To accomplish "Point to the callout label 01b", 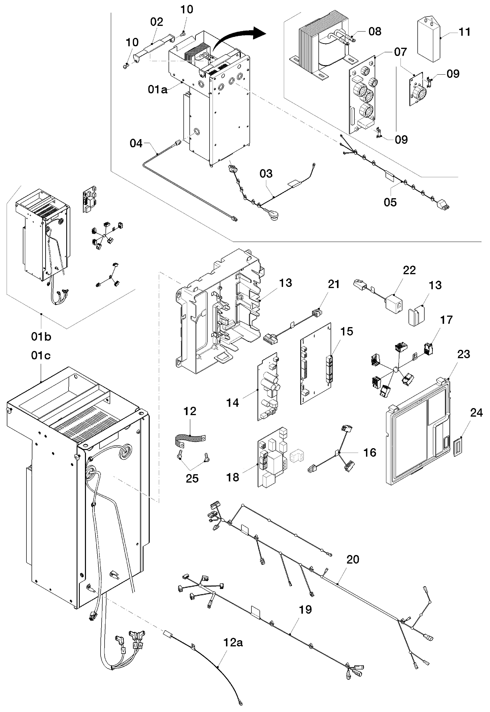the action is [41, 337].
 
